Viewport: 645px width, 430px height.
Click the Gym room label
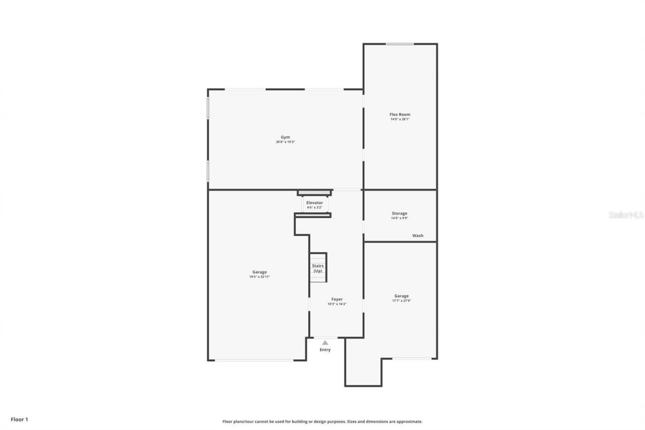285,137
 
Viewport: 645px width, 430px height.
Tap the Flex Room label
400,114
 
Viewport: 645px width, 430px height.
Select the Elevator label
314,203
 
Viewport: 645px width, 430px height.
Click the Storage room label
400,213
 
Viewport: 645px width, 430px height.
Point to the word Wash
418,235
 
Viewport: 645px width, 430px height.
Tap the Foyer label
337,299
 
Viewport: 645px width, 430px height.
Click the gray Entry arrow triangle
325,343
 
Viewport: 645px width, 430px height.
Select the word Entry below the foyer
325,350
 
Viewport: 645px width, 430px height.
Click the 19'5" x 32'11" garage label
260,277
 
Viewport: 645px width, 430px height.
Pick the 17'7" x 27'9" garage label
402,301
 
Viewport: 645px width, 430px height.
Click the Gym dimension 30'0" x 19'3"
285,142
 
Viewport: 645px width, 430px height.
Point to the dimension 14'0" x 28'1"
400,119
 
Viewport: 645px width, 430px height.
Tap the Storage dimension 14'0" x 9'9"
400,218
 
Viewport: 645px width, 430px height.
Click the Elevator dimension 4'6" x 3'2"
314,207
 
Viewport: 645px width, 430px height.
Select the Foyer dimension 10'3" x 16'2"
337,304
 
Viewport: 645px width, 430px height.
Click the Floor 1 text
20,419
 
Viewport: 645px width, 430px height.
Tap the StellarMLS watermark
626,215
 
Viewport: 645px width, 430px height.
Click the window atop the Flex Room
400,44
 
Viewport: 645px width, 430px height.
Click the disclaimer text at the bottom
322,421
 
